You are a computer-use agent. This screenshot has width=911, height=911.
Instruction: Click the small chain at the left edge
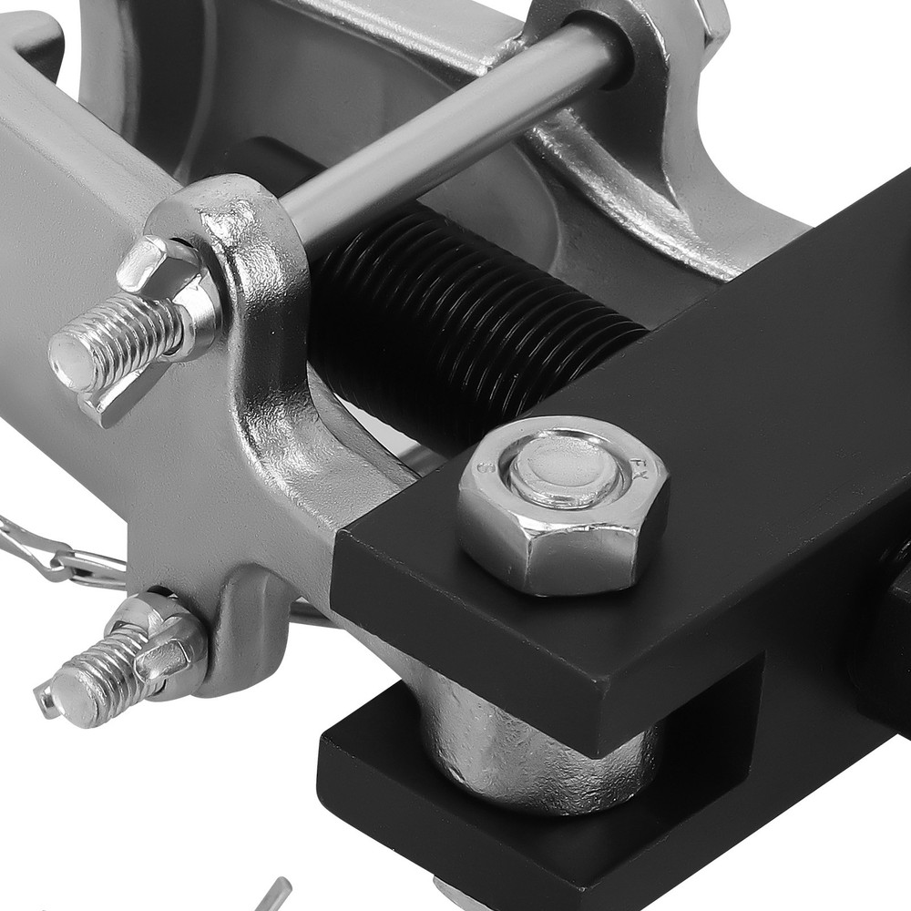pos(55,551)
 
